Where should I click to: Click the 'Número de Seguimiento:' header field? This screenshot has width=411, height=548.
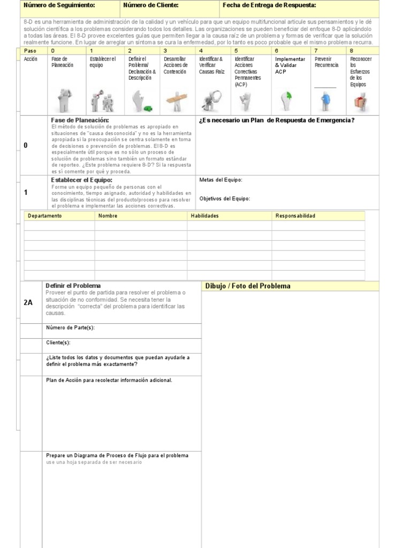click(x=59, y=5)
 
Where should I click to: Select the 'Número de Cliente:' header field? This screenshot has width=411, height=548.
click(x=150, y=5)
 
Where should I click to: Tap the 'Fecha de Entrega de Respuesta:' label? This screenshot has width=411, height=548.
click(x=269, y=5)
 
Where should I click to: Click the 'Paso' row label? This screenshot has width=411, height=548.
click(x=31, y=50)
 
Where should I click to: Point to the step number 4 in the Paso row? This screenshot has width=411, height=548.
click(x=201, y=50)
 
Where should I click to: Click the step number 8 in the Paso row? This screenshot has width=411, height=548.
click(x=352, y=50)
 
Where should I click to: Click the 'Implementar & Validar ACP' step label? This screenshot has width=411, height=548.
click(x=290, y=65)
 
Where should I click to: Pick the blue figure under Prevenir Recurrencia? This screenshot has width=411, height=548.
click(x=325, y=100)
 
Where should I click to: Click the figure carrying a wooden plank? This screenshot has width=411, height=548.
click(x=173, y=100)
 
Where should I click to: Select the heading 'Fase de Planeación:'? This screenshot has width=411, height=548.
click(x=80, y=120)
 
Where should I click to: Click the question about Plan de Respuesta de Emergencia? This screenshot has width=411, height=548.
click(x=277, y=120)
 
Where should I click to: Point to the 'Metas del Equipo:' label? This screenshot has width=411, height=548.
click(x=221, y=180)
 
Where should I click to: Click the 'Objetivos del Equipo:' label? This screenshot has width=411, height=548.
click(x=225, y=199)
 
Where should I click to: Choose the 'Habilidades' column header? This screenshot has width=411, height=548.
click(x=205, y=216)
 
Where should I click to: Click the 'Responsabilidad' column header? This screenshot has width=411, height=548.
click(x=295, y=216)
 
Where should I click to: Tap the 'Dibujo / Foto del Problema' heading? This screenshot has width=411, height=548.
click(x=248, y=286)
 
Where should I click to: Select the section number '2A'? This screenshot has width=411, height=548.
click(x=28, y=302)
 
